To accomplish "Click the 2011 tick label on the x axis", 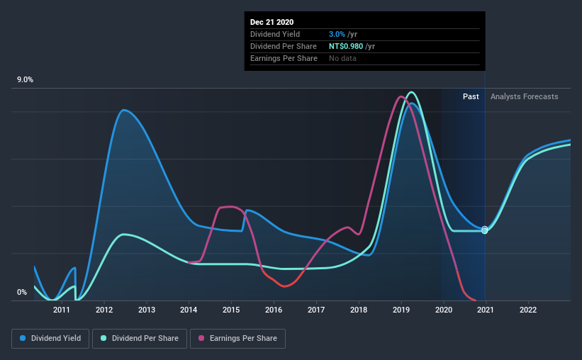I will tap(62, 310).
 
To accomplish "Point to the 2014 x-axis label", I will tap(189, 310).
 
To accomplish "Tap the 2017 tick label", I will tap(316, 310).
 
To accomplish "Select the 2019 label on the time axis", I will tap(401, 310).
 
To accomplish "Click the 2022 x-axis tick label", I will tap(528, 310).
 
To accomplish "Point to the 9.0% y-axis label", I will tap(26, 80).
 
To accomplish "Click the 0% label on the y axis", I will tap(22, 292).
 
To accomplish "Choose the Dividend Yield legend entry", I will tap(50, 339).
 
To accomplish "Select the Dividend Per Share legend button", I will tap(142, 339).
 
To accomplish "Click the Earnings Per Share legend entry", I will tap(237, 339).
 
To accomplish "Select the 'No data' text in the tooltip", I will tap(343, 58).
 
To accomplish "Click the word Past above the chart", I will tap(471, 96).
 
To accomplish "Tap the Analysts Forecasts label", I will tap(524, 96).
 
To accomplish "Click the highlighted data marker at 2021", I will tap(485, 230).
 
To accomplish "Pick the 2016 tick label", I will tap(274, 310).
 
